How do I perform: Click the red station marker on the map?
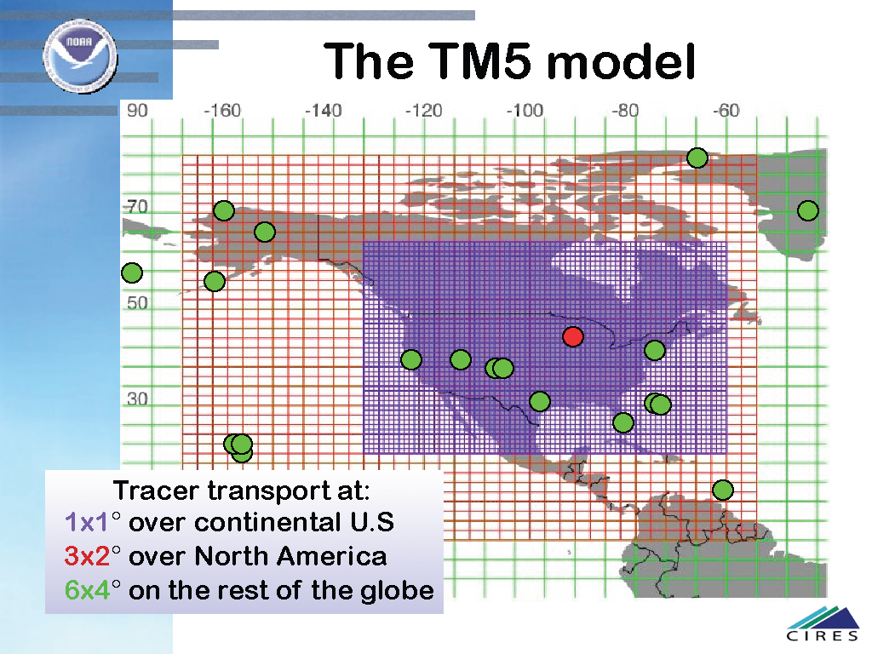pos(573,336)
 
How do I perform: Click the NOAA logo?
pos(80,55)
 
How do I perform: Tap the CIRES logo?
pos(823,624)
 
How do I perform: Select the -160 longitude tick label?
pos(222,110)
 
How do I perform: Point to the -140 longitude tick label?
pos(323,110)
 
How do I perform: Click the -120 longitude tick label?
pos(423,110)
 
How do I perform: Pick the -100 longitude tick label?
pos(524,110)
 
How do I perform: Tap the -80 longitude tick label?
pos(625,110)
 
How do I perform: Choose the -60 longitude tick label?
pos(726,110)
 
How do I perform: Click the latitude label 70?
pos(137,207)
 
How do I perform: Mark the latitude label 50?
pos(137,302)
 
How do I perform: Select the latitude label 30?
pos(137,399)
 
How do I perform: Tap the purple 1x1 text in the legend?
pos(88,522)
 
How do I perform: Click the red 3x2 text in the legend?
pos(88,556)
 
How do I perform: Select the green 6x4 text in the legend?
pos(88,590)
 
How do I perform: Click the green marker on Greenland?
pos(807,211)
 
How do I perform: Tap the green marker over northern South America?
pos(722,490)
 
